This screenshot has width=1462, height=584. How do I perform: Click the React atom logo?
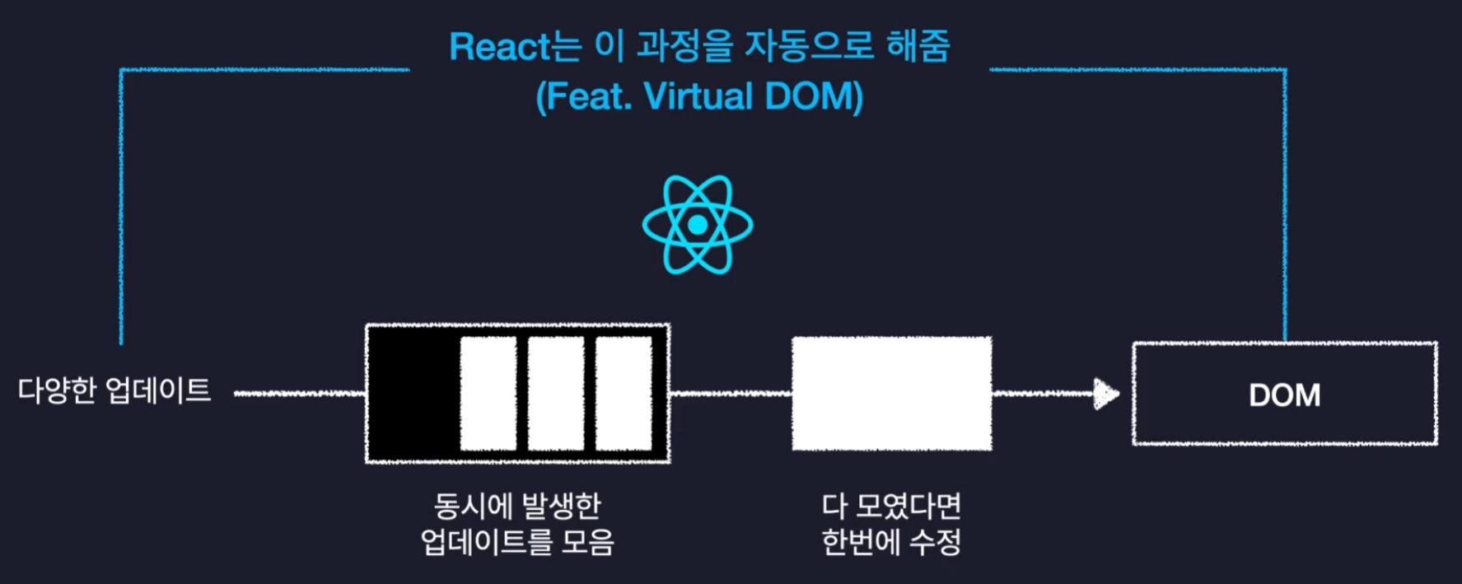(698, 224)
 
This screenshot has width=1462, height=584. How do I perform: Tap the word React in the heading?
(499, 47)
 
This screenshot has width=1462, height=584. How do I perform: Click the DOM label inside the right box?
(1284, 395)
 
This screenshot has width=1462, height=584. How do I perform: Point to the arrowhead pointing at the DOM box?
(1106, 394)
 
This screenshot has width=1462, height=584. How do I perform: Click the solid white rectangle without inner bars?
(891, 394)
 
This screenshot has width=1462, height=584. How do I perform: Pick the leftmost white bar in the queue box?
(488, 394)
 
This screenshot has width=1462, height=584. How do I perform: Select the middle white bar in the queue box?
(556, 394)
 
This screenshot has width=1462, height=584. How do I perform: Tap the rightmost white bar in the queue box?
(624, 394)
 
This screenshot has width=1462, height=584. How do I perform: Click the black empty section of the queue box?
(413, 394)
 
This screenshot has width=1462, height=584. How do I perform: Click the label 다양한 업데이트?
(114, 390)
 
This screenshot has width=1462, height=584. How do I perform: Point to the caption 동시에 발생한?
(517, 506)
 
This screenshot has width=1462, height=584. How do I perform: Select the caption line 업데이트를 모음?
(517, 542)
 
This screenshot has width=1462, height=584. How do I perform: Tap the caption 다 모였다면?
(891, 506)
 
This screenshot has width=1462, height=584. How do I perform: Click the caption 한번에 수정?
(891, 542)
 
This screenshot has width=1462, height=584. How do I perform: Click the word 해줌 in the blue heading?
(918, 46)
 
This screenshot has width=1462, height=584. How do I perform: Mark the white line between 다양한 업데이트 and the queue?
(300, 394)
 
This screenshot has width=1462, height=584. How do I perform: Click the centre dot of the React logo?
(698, 225)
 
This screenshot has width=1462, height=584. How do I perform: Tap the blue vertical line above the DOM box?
(1284, 206)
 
